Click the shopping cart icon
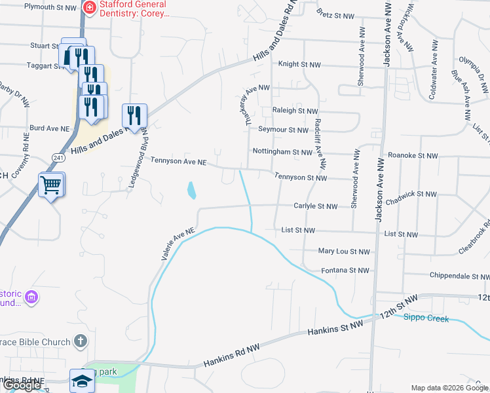pyautogui.click(x=50, y=185)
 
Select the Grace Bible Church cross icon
pyautogui.click(x=80, y=341)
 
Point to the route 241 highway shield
pyautogui.click(x=58, y=157)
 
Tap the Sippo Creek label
pyautogui.click(x=426, y=318)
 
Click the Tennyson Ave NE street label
pyautogui.click(x=178, y=160)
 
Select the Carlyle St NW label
pyautogui.click(x=315, y=206)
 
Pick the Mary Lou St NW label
pyautogui.click(x=344, y=251)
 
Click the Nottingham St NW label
pyautogui.click(x=282, y=152)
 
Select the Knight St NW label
pyautogui.click(x=299, y=65)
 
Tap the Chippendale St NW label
pyautogui.click(x=458, y=276)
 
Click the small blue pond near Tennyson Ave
pyautogui.click(x=191, y=191)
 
